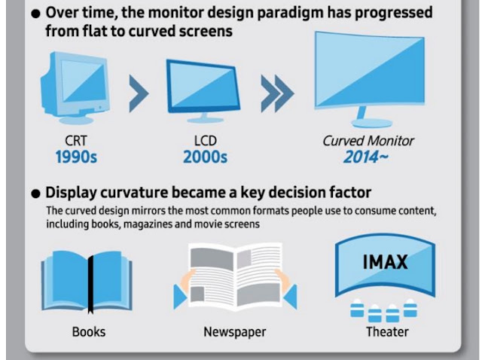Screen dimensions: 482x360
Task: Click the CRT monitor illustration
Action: point(75,88)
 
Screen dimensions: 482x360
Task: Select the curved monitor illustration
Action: point(370,79)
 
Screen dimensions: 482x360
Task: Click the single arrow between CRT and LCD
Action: point(139,93)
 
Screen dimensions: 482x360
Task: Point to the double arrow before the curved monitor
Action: point(277,93)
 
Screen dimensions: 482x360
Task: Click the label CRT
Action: point(76,141)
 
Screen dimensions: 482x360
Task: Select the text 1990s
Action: point(76,157)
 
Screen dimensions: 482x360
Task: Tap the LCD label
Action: point(206,141)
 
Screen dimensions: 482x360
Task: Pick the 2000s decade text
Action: point(205,157)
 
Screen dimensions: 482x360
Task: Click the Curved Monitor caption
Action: point(368,141)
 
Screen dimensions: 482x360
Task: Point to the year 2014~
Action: point(365,157)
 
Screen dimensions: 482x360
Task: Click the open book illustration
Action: point(87,282)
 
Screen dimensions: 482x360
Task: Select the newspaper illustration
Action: point(235,276)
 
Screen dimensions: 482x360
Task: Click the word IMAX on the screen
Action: point(385,262)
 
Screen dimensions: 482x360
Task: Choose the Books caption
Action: point(89,332)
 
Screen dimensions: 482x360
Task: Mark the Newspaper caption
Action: point(235,332)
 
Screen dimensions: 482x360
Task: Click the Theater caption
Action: point(387,332)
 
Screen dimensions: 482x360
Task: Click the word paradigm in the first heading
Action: point(290,14)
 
